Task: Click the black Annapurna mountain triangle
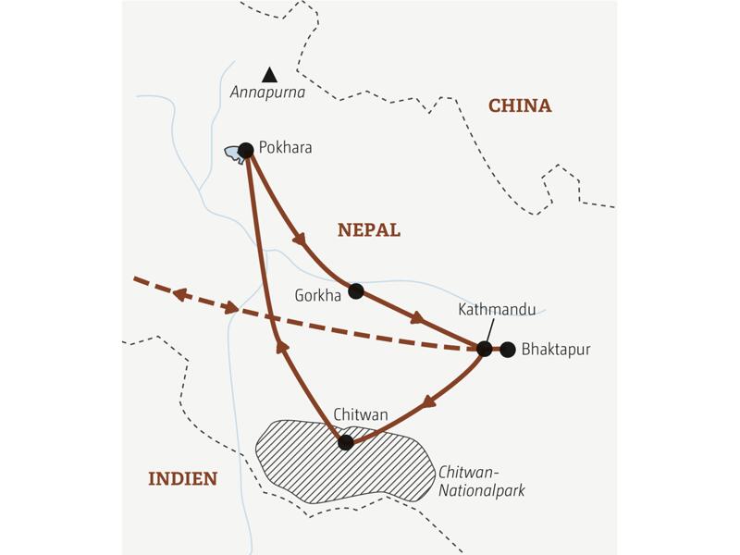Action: [269, 75]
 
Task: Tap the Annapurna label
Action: [268, 93]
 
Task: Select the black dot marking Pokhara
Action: [246, 150]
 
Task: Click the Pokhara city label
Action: [286, 148]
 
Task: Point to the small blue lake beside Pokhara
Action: [233, 154]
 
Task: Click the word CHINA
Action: [520, 106]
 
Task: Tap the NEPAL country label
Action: [369, 230]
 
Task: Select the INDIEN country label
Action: [183, 478]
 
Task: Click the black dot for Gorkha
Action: [356, 291]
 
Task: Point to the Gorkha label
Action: [317, 295]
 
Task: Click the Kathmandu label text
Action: [497, 310]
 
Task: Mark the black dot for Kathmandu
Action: [484, 349]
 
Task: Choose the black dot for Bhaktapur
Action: [508, 349]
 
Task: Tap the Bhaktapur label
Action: [556, 350]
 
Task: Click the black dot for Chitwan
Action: [346, 443]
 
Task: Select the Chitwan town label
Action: [360, 415]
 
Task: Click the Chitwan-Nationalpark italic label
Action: [481, 481]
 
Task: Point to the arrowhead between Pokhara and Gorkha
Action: [300, 240]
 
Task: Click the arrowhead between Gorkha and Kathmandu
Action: [417, 317]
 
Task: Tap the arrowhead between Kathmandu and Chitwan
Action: [428, 403]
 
